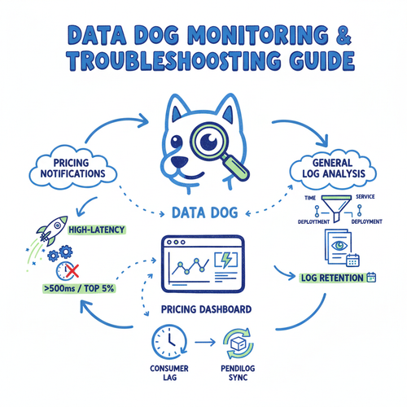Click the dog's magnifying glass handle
tap(235, 167)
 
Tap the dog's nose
tap(179, 163)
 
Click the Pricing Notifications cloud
tap(72, 168)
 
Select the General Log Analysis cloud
tap(333, 168)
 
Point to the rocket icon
tap(52, 230)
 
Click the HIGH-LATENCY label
tap(97, 230)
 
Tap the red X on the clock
tap(72, 271)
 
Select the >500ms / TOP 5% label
tap(79, 288)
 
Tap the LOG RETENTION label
tap(332, 278)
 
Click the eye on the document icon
tap(339, 246)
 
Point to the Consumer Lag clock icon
tap(169, 342)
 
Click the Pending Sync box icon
tap(239, 344)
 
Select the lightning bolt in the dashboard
tap(226, 260)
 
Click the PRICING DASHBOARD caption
tap(206, 309)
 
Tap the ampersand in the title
tap(344, 35)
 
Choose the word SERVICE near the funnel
tap(365, 196)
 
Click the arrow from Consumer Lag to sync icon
tap(205, 343)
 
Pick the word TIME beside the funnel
tap(310, 198)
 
